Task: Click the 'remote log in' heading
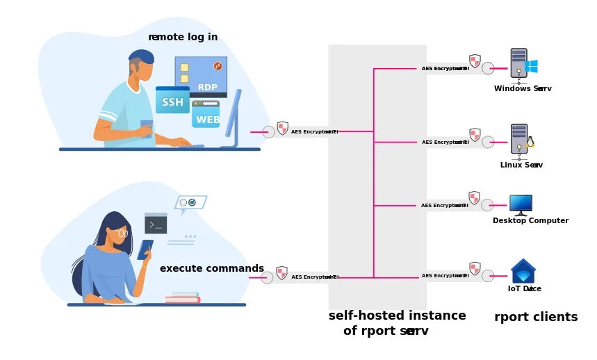click(x=183, y=37)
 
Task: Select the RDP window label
click(x=207, y=88)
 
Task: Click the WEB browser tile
click(x=206, y=116)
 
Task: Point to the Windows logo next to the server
click(x=532, y=67)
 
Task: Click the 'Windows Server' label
click(x=523, y=88)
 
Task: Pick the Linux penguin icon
click(x=530, y=142)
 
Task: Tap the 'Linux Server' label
click(x=521, y=165)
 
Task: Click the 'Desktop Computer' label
click(x=530, y=220)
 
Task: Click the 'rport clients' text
click(x=536, y=317)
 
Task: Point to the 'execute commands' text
click(x=212, y=268)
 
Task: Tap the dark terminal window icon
click(x=156, y=223)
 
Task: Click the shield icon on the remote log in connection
click(x=283, y=128)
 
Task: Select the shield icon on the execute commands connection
click(x=282, y=273)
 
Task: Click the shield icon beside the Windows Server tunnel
click(x=475, y=61)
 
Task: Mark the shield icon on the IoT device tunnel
click(x=475, y=268)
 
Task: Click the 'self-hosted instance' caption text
click(x=397, y=316)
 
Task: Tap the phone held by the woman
click(x=145, y=249)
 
